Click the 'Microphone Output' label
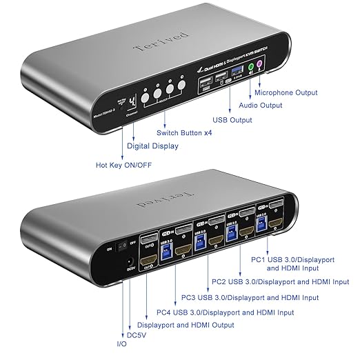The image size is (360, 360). pyautogui.click(x=286, y=92)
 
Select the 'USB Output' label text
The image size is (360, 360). pyautogui.click(x=233, y=119)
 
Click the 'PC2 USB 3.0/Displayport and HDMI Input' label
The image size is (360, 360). pyautogui.click(x=279, y=281)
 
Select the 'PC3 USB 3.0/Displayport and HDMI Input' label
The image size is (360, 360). pyautogui.click(x=250, y=298)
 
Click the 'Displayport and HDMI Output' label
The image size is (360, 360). pyautogui.click(x=186, y=325)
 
